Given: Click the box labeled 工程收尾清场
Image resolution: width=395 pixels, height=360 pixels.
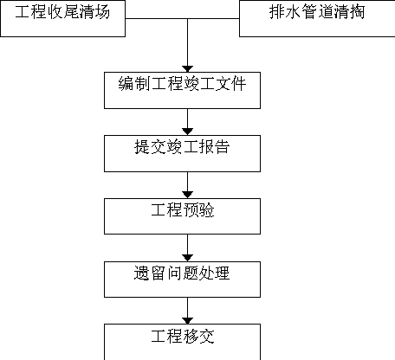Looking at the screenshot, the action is pyautogui.click(x=62, y=18).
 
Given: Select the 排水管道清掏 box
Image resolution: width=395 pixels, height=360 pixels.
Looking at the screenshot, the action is pyautogui.click(x=317, y=18).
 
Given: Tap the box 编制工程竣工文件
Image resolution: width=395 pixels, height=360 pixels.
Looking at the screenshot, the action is pyautogui.click(x=182, y=90).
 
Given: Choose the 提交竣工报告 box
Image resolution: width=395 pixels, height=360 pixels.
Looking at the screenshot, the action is pyautogui.click(x=182, y=153).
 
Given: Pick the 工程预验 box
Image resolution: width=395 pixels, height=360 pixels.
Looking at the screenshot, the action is pyautogui.click(x=182, y=216).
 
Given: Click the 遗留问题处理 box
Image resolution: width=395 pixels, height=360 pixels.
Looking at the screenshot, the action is pyautogui.click(x=182, y=280).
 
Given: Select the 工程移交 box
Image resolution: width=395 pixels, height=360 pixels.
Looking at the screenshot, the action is pyautogui.click(x=182, y=342).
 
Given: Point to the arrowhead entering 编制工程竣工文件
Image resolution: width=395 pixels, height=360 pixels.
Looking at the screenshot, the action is pyautogui.click(x=188, y=69).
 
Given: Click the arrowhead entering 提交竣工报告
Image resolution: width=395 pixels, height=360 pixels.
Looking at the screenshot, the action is pyautogui.click(x=188, y=132).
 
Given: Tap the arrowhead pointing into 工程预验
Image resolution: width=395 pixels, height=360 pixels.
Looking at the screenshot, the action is pyautogui.click(x=188, y=195).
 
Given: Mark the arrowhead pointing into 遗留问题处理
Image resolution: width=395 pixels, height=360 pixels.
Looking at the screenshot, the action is pyautogui.click(x=188, y=258).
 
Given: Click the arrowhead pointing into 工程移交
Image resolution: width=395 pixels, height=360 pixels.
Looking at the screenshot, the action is pyautogui.click(x=188, y=321).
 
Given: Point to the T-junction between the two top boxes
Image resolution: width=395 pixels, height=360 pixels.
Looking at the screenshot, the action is pyautogui.click(x=188, y=18).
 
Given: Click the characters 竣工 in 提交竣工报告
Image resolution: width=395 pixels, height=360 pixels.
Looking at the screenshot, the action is pyautogui.click(x=182, y=147).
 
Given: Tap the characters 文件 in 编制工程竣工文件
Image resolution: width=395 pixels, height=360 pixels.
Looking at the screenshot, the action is pyautogui.click(x=230, y=84).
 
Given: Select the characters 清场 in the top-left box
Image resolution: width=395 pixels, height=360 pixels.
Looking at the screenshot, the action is pyautogui.click(x=94, y=12).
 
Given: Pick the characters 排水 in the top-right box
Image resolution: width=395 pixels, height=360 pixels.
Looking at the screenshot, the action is pyautogui.click(x=285, y=12).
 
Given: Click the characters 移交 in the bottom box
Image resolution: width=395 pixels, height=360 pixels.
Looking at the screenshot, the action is pyautogui.click(x=198, y=337).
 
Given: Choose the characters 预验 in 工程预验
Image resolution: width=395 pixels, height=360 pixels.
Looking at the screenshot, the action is pyautogui.click(x=198, y=210).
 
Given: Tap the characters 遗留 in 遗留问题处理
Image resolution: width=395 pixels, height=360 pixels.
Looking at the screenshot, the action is pyautogui.click(x=149, y=273).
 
